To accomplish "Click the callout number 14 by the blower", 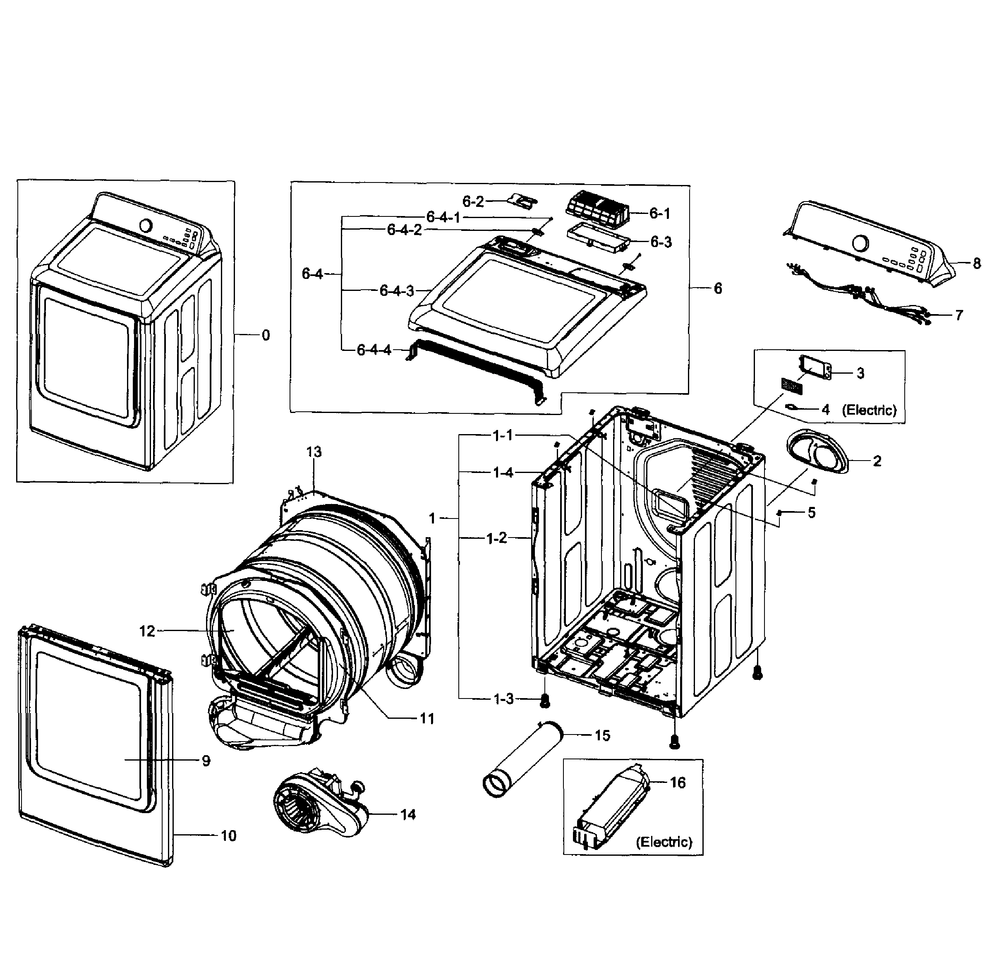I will click(407, 815).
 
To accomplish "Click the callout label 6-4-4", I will click(374, 350).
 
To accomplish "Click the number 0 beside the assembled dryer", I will click(266, 335).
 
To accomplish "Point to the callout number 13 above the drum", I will click(314, 452).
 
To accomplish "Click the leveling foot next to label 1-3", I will click(545, 701).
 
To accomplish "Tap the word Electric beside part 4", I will click(869, 410).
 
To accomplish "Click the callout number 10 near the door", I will click(228, 836).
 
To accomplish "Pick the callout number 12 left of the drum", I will click(147, 631).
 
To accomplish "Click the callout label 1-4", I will click(503, 473).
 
